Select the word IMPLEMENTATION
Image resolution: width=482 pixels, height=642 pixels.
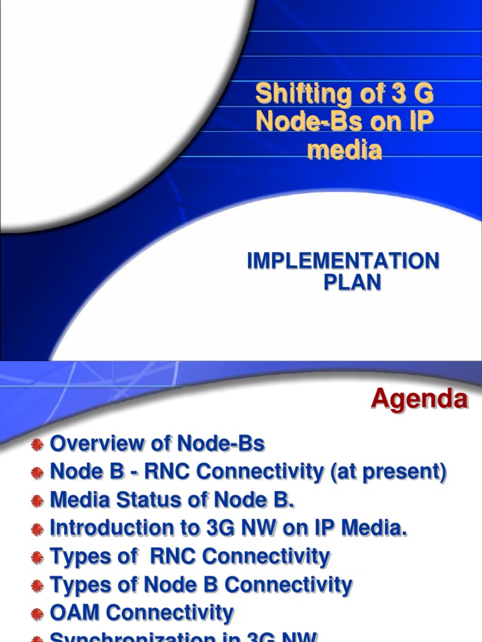[x=343, y=261]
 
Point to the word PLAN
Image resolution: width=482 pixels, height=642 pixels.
[x=352, y=282]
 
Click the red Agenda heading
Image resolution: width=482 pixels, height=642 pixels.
[x=419, y=399]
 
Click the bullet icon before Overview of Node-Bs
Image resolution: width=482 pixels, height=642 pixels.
[x=38, y=445]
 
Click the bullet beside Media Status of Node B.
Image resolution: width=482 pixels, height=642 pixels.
[x=38, y=502]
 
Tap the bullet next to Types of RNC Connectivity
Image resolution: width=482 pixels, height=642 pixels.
[x=38, y=558]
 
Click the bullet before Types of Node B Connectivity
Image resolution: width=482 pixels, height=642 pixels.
[x=38, y=586]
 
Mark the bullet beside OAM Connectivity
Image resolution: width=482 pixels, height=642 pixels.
[x=38, y=614]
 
